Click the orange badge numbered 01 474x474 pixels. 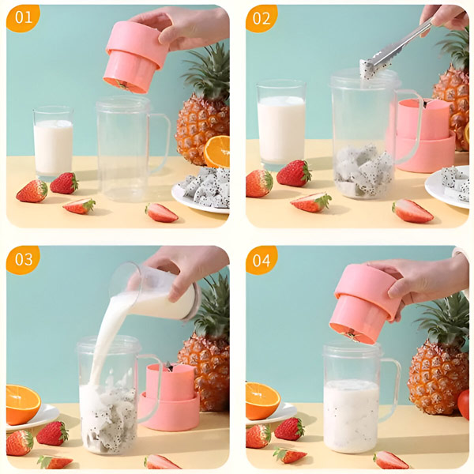[23, 18]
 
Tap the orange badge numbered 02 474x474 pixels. [261, 18]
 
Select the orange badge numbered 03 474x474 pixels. [23, 259]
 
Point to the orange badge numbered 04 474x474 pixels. [261, 260]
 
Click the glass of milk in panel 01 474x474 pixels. [53, 142]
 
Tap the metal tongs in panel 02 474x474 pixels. [399, 45]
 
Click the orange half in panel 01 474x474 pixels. [216, 152]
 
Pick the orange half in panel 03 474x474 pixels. [23, 404]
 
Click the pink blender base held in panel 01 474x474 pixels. [133, 57]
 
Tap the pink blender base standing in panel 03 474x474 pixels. [170, 397]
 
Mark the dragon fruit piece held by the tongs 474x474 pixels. [367, 70]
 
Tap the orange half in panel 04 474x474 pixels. [261, 401]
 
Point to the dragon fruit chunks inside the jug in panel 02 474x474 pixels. [363, 171]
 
